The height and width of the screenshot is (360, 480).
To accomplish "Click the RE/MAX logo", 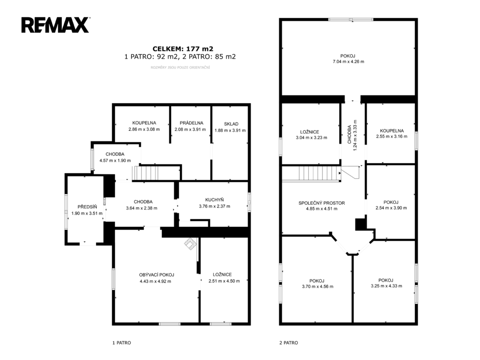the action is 55,25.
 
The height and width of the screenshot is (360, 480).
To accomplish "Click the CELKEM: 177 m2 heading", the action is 183,49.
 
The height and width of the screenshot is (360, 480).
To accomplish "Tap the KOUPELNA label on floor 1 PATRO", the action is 144,123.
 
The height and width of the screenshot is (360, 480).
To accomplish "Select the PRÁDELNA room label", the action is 191,123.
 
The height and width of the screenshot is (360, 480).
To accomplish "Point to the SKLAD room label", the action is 231,124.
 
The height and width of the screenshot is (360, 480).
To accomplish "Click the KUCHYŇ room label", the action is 214,200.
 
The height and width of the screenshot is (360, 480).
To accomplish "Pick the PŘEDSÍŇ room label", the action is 87,207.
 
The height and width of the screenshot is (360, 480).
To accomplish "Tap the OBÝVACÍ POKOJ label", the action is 156,275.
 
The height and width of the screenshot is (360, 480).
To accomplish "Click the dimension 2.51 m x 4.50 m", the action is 224,281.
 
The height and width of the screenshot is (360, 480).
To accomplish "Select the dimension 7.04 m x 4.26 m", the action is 348,61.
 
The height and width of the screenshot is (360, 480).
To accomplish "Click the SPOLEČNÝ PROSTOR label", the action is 321,203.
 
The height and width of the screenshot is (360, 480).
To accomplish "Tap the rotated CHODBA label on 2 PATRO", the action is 349,134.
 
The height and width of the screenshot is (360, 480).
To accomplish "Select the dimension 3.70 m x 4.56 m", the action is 318,286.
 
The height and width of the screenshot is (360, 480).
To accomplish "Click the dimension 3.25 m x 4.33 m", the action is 386,286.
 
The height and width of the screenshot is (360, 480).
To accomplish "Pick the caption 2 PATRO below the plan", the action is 289,343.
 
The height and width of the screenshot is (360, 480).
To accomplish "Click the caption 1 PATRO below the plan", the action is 122,343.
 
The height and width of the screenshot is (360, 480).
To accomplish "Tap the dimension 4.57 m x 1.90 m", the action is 115,160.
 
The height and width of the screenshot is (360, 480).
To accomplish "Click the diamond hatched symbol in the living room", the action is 190,244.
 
